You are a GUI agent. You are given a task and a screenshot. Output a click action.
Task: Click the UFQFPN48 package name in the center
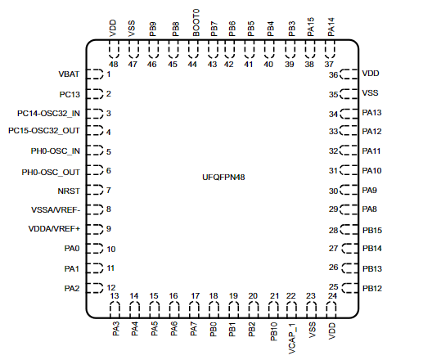point(223,177)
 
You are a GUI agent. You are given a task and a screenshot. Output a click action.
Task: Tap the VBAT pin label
point(69,74)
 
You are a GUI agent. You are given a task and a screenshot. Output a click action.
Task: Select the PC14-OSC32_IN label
point(48,114)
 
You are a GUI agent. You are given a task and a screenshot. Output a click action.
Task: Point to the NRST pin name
point(69,191)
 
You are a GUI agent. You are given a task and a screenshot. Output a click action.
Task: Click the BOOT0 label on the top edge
point(196,23)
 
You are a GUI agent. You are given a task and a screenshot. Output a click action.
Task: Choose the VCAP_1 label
point(292,339)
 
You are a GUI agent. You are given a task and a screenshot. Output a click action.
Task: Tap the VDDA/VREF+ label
point(54,229)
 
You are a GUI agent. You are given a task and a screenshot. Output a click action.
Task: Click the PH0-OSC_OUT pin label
point(51,173)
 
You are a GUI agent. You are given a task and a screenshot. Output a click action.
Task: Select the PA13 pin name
point(371,113)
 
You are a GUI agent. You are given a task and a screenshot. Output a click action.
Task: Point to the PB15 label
point(372,230)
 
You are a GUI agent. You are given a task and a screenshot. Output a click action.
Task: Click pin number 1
point(109,74)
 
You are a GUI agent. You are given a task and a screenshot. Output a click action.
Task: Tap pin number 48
point(114,65)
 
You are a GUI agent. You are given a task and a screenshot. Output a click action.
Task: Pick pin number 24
point(332,296)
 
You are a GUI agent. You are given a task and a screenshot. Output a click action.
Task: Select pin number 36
point(333,75)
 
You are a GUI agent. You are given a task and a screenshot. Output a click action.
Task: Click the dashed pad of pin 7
point(95,190)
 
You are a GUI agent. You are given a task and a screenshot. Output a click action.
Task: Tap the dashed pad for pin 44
point(193,49)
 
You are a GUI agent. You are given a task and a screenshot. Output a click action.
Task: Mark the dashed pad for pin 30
point(349,190)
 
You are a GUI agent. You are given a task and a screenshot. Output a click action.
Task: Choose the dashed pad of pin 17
point(194,310)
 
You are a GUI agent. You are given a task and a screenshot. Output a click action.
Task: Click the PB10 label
point(273,332)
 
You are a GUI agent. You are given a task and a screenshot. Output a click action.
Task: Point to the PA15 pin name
point(311,27)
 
